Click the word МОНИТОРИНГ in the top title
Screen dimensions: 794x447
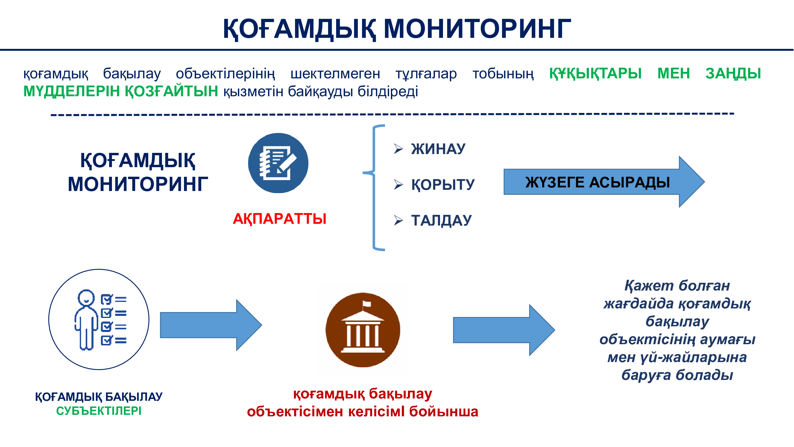(x=477, y=28)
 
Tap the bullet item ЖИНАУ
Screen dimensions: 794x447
(x=438, y=149)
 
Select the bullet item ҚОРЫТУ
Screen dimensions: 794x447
(x=443, y=184)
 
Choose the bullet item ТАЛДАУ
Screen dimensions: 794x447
(x=442, y=220)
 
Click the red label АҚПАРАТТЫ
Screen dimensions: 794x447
(x=280, y=219)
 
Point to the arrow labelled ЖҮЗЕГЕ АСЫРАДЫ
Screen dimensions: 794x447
(x=604, y=182)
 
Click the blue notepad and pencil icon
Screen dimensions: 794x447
(x=278, y=163)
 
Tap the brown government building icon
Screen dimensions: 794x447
(x=363, y=330)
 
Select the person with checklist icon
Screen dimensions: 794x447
(x=99, y=319)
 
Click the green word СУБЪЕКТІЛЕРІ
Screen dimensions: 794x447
(x=99, y=411)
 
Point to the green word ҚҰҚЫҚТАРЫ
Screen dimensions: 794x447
(x=595, y=73)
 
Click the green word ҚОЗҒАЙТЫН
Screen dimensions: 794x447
(x=171, y=91)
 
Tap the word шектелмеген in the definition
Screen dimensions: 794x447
(x=335, y=74)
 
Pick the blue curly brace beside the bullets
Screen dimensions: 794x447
(x=374, y=187)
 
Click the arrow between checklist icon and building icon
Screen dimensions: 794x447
(x=211, y=325)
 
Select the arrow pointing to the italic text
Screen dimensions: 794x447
(x=504, y=330)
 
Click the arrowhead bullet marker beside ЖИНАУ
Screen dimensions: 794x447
(x=398, y=149)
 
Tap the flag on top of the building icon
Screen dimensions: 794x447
(x=366, y=304)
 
